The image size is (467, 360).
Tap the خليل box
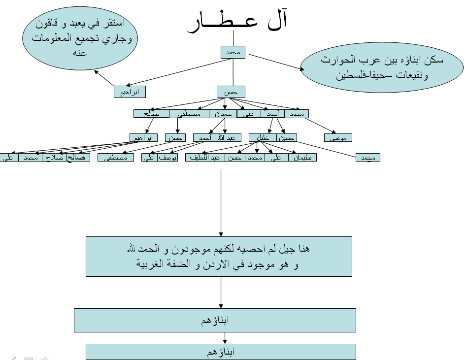263,138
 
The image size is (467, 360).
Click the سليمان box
303,158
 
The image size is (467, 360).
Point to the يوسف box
167,158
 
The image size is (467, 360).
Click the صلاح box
54,158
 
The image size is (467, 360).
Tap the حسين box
286,138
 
